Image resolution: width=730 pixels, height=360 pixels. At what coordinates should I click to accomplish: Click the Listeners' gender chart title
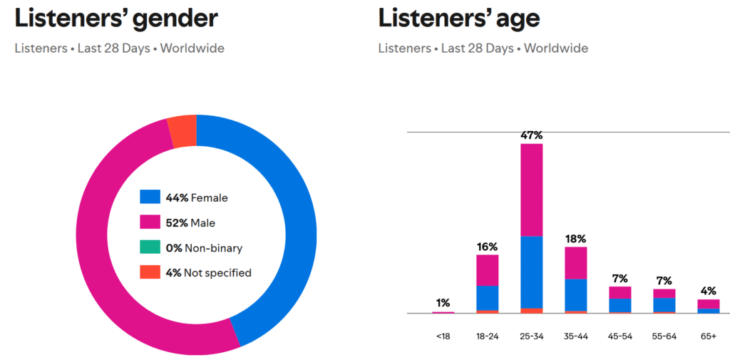116,18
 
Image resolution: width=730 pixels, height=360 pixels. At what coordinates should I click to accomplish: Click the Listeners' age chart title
459,18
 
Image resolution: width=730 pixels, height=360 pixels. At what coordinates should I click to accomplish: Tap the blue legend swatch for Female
150,197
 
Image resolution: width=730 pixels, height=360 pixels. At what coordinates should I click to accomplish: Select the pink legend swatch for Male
150,222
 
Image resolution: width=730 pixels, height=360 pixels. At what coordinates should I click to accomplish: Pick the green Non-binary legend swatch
150,247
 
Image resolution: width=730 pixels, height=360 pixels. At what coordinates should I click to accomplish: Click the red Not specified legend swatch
150,272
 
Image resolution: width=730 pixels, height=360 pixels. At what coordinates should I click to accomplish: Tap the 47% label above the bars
531,135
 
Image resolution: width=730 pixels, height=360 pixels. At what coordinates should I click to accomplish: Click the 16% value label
487,247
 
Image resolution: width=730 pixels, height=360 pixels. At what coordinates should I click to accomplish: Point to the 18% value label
575,239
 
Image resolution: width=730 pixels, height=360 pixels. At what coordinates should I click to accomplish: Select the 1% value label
443,303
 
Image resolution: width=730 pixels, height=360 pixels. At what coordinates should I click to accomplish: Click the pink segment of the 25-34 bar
531,190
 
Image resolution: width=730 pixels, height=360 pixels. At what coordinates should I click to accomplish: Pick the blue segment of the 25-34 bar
531,272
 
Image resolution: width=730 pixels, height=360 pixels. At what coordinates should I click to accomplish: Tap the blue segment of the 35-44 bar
575,294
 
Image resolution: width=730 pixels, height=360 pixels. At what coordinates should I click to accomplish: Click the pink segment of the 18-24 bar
487,270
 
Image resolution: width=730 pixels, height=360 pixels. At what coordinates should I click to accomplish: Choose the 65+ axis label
708,336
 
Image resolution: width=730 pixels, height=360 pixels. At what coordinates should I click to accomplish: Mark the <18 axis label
443,336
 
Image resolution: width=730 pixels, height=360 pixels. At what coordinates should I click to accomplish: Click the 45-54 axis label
620,336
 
